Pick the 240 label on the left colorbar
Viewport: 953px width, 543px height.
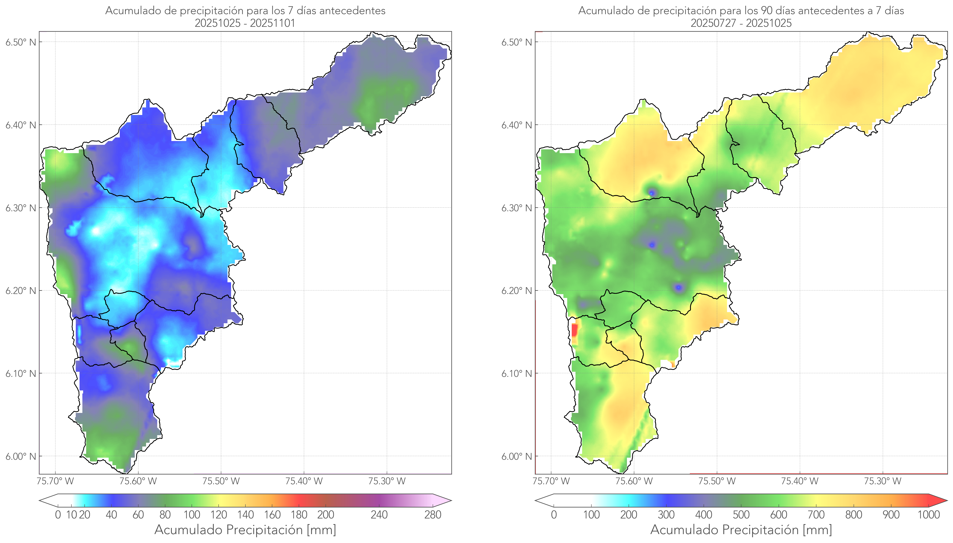(x=379, y=515)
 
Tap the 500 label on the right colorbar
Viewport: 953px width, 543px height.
(x=741, y=515)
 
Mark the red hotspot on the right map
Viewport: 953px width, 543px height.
(x=574, y=330)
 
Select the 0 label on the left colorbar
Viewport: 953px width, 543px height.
(x=58, y=515)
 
